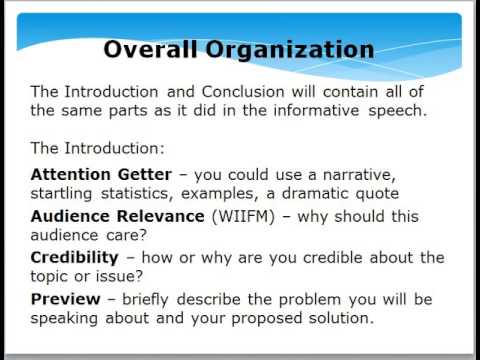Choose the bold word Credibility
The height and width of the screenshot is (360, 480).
tap(78, 258)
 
